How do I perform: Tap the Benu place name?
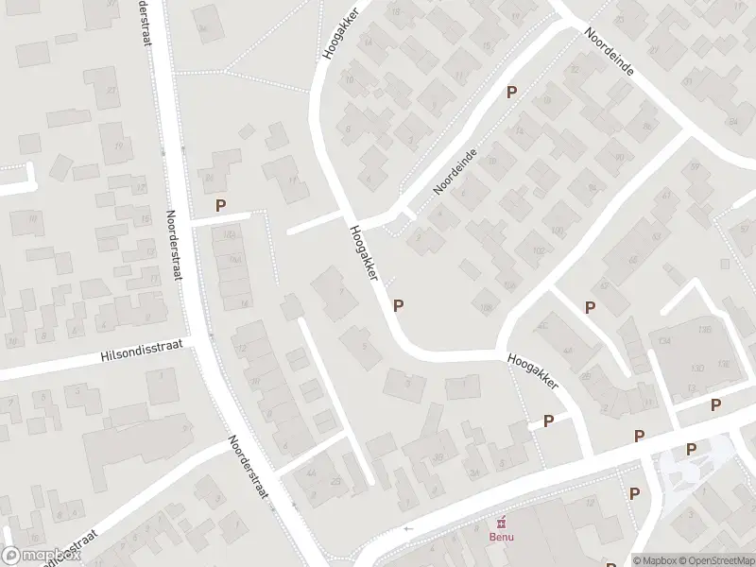(x=501, y=539)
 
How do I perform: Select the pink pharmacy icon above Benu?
(x=501, y=523)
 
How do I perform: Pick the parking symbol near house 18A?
(x=221, y=204)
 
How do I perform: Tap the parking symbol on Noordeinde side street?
(x=512, y=92)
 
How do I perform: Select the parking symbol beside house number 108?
(x=399, y=305)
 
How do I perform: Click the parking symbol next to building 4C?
(x=590, y=306)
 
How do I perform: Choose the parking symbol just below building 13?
(x=716, y=404)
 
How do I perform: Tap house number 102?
(x=540, y=250)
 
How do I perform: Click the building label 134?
(x=665, y=340)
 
